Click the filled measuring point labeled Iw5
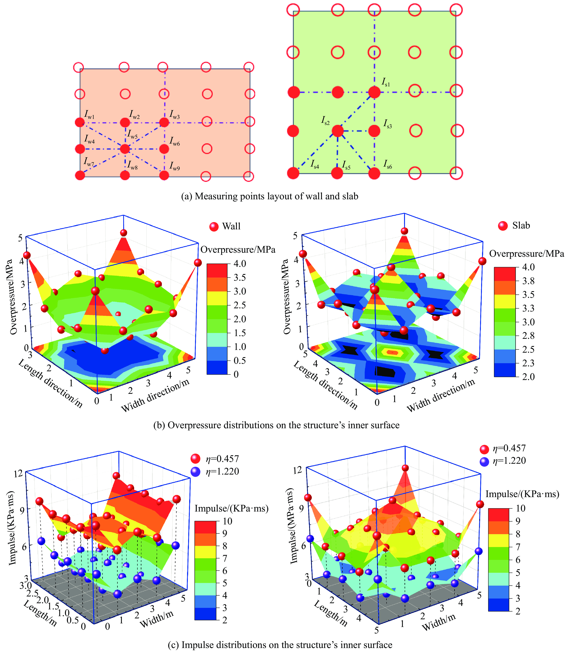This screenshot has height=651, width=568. click(x=125, y=148)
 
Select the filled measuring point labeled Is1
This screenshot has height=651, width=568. click(x=374, y=93)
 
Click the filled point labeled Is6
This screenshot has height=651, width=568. click(x=374, y=173)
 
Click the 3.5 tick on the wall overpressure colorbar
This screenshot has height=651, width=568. click(x=240, y=277)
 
